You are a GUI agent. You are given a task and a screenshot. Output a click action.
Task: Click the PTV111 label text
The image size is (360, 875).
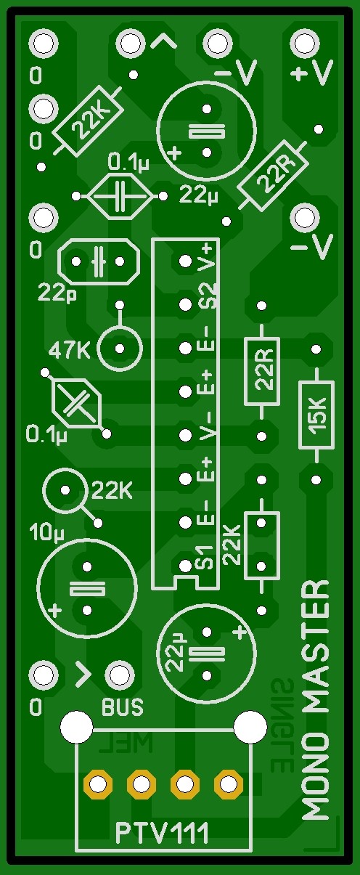163,833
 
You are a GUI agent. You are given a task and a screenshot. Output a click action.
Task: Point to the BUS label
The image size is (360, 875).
122,706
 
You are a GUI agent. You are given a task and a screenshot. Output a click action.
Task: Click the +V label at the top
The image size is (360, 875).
313,72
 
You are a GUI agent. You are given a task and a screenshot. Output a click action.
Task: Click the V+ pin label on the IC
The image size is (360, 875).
210,256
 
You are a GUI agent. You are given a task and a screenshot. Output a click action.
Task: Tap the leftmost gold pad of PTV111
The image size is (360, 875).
97,784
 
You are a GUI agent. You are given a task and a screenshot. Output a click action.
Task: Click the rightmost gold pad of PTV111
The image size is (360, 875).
228,784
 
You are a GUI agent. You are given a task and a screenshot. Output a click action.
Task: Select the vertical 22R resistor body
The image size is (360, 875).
261,370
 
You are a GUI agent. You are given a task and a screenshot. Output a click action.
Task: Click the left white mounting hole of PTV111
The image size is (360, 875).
76,726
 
